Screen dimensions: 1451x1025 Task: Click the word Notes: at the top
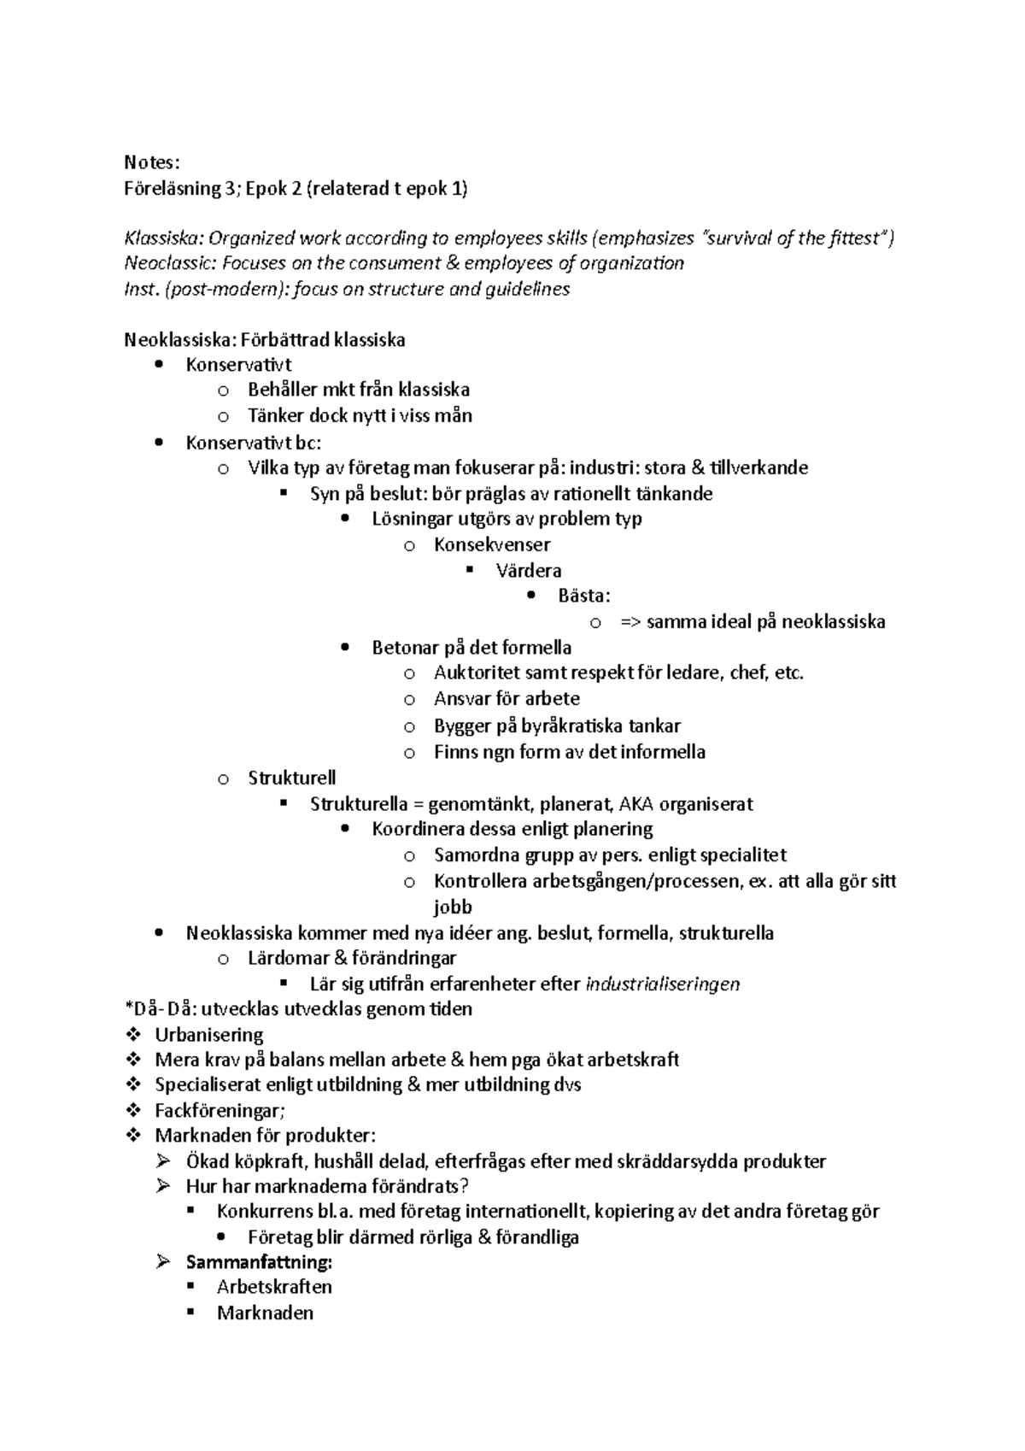152,162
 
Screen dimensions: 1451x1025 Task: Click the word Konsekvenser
492,544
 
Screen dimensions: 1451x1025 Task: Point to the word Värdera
529,570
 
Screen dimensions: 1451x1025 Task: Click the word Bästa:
584,596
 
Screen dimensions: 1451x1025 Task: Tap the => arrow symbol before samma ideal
630,622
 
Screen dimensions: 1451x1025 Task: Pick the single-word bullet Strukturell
291,778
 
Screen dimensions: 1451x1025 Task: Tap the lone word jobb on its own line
453,907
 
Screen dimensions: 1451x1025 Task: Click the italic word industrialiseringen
662,984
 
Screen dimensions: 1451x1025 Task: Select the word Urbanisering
209,1035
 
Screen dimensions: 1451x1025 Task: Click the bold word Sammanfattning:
259,1262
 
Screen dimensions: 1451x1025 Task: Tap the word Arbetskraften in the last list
274,1287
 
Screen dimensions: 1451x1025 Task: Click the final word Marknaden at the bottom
265,1313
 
